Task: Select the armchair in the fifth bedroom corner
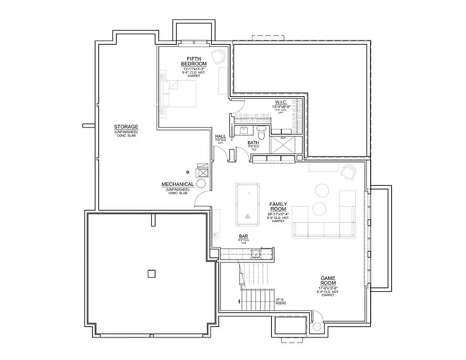click(217, 57)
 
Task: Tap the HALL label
click(220, 136)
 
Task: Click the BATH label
click(253, 142)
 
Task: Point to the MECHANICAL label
click(178, 184)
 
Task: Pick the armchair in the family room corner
click(347, 172)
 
